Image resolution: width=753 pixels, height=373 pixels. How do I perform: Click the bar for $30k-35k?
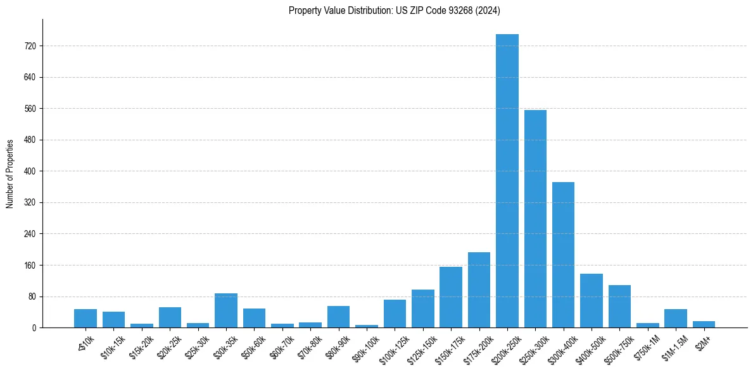[226, 310]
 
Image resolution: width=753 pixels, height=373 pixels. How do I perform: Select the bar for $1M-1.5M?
[676, 318]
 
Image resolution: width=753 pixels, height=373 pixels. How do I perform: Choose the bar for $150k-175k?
[451, 297]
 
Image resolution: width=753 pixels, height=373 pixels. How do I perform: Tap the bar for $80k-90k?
[338, 317]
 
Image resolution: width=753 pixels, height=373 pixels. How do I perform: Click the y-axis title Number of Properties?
[10, 174]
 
